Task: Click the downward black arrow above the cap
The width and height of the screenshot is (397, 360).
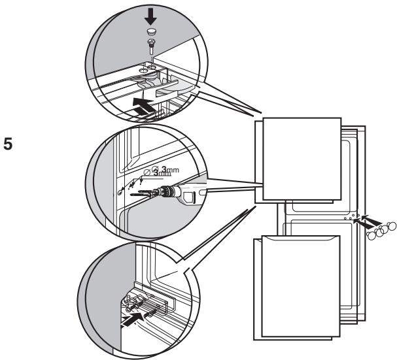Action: tap(151, 16)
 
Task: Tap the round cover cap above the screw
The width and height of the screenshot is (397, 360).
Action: tap(152, 31)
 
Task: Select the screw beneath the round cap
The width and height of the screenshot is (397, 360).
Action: tap(152, 45)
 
